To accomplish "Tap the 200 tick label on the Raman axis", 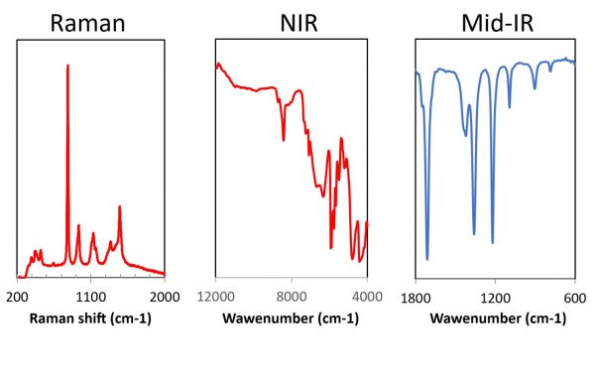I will (17, 296).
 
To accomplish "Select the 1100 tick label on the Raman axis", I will (91, 296).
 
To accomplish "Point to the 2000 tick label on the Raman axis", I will (165, 296).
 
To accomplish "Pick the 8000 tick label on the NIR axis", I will (292, 296).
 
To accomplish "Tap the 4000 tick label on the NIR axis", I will (367, 296).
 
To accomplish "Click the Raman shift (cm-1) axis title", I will (90, 318).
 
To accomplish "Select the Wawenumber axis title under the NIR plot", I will (291, 318).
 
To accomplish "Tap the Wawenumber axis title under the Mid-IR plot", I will (494, 318).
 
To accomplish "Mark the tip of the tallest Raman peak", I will (67, 65).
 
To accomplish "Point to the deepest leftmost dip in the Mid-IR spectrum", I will (427, 259).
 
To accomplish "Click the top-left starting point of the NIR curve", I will (216, 64).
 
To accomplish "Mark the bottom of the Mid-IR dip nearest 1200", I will (493, 241).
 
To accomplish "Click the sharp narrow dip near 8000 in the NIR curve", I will (284, 140).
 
